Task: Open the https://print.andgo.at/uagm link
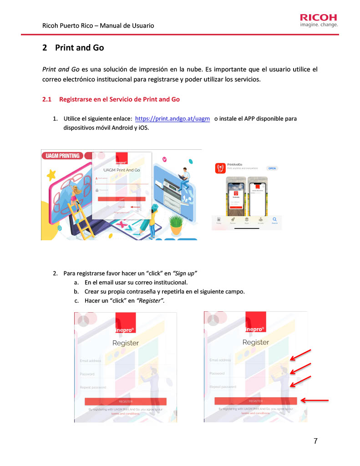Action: pyautogui.click(x=172, y=119)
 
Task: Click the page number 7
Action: pyautogui.click(x=315, y=441)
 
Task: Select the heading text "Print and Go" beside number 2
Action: pyautogui.click(x=79, y=48)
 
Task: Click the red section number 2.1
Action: pyautogui.click(x=47, y=99)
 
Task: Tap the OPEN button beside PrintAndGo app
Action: pyautogui.click(x=272, y=168)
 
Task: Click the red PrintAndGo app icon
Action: pyautogui.click(x=220, y=168)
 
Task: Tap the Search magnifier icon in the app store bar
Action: pyautogui.click(x=274, y=220)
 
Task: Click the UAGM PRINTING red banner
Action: pyautogui.click(x=61, y=156)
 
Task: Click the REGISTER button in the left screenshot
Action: pyautogui.click(x=126, y=401)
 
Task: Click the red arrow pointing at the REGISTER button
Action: pyautogui.click(x=314, y=400)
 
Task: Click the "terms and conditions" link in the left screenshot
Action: pyautogui.click(x=114, y=414)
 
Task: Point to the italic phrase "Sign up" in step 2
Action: pyautogui.click(x=185, y=274)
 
